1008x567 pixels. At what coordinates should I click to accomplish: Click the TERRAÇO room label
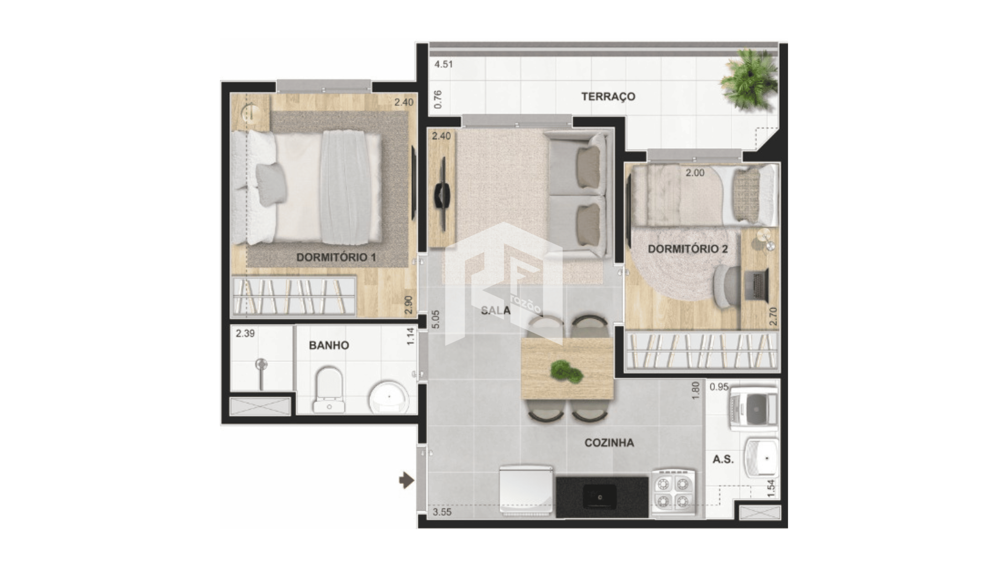tap(608, 97)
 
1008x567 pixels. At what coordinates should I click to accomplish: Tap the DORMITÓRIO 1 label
tap(336, 257)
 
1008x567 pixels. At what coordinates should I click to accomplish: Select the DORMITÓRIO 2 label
tap(688, 249)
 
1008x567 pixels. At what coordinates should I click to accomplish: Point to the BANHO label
tap(329, 345)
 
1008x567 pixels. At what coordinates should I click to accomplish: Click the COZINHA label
tap(609, 443)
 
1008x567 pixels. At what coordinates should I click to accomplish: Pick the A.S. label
tap(723, 459)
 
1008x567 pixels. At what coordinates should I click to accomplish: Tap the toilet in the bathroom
tap(329, 389)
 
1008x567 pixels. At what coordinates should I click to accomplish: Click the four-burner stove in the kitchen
tap(674, 492)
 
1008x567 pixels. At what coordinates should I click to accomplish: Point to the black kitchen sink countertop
tap(602, 496)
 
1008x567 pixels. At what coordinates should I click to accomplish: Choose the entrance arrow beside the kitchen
tap(406, 480)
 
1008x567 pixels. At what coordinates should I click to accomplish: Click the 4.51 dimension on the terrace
tap(444, 65)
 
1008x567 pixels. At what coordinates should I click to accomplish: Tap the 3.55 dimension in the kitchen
tap(442, 512)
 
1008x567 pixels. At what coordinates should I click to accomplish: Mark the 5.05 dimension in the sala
tap(436, 320)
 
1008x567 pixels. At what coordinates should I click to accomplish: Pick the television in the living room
tap(442, 194)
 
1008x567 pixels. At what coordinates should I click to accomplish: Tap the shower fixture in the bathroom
tap(261, 373)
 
